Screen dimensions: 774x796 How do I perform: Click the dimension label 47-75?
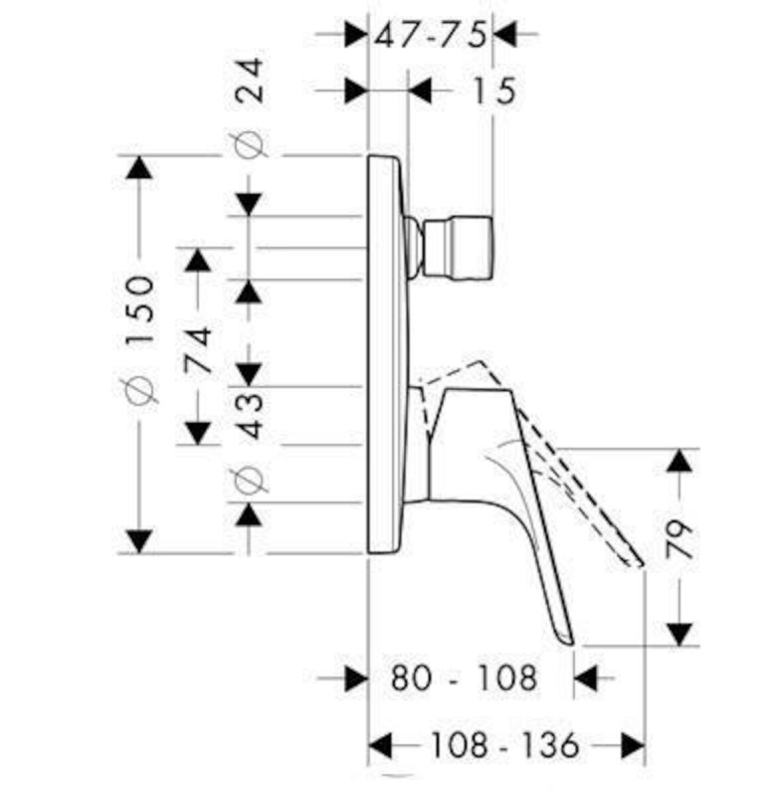pyautogui.click(x=431, y=35)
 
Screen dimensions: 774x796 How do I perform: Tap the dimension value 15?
pyautogui.click(x=493, y=91)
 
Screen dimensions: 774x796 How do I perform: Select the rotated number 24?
pyautogui.click(x=251, y=81)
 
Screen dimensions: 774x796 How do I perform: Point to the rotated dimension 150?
pyautogui.click(x=139, y=311)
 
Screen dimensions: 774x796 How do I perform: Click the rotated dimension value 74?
pyautogui.click(x=197, y=350)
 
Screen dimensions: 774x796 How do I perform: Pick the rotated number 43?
pyautogui.click(x=251, y=415)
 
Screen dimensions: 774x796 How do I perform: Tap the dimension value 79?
pyautogui.click(x=678, y=539)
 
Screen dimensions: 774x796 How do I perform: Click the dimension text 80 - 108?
pyautogui.click(x=464, y=678)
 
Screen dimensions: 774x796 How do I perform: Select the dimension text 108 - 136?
pyautogui.click(x=504, y=745)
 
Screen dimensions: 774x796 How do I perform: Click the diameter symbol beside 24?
pyautogui.click(x=249, y=145)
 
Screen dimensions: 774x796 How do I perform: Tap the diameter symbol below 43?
pyautogui.click(x=250, y=479)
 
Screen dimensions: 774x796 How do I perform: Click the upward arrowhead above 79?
pyautogui.click(x=679, y=461)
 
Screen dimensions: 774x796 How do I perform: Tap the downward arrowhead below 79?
pyautogui.click(x=679, y=635)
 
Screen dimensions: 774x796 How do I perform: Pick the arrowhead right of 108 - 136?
pyautogui.click(x=633, y=745)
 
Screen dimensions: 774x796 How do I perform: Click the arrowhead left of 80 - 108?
pyautogui.click(x=356, y=678)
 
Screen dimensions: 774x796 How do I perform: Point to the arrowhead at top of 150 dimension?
pyautogui.click(x=138, y=167)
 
